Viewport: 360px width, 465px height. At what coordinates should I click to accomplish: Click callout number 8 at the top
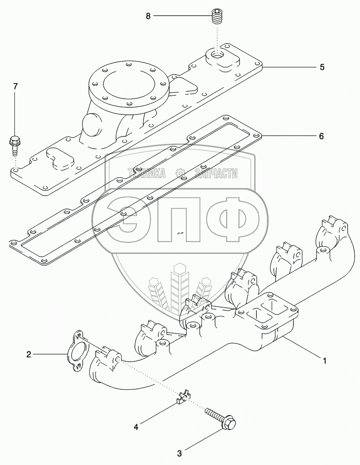coord(148,16)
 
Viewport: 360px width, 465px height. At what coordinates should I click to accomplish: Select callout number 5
coord(322,67)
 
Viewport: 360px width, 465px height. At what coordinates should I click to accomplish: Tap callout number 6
coord(321,136)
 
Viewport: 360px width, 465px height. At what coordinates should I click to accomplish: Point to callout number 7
coord(15,86)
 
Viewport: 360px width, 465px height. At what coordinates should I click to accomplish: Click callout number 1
coord(325,360)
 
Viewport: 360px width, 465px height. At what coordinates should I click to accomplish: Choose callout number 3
coord(179,453)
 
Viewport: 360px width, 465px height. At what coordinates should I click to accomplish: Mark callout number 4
coord(136,427)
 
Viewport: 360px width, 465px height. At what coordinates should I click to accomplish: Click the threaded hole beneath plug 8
coord(217,56)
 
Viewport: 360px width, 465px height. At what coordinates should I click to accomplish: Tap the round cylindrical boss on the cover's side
coord(91,125)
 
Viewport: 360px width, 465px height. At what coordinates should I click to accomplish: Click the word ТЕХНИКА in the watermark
coord(147,173)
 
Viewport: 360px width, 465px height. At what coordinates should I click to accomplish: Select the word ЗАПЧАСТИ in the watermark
coord(216,173)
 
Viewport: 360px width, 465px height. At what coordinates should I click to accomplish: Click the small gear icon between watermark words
coord(180,173)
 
